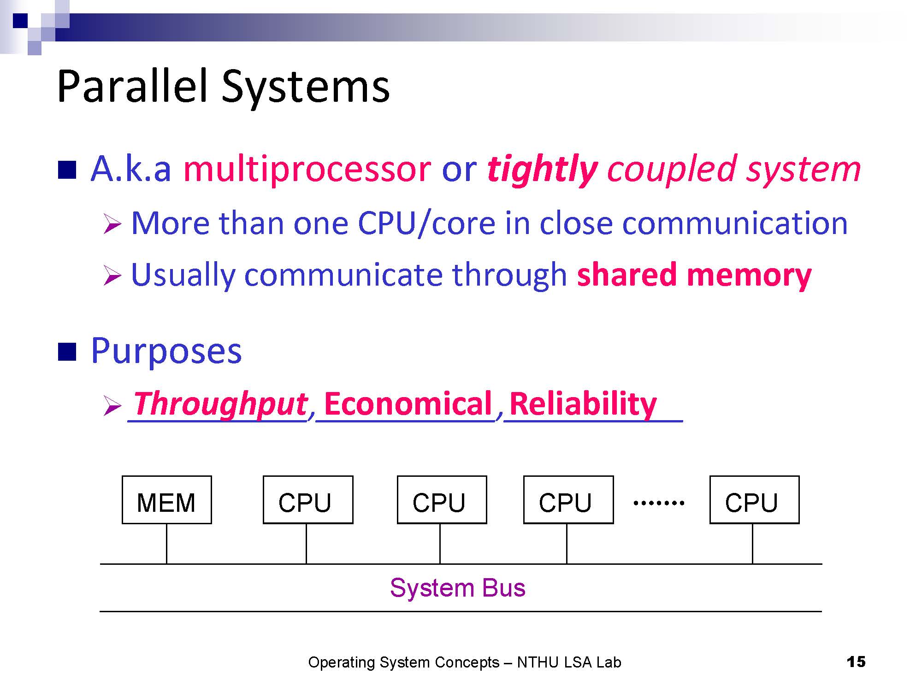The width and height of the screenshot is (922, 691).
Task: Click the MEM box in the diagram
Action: point(167,500)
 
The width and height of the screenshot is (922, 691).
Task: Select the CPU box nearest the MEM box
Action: point(308,500)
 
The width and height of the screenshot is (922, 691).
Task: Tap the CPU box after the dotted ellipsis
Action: point(755,500)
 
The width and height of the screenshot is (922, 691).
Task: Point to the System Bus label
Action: point(458,588)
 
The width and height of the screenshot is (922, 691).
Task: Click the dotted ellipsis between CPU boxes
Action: point(659,503)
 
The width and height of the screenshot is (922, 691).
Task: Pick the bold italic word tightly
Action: point(542,170)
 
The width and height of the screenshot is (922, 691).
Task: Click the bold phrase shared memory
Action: point(694,275)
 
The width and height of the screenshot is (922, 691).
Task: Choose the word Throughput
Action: point(220,404)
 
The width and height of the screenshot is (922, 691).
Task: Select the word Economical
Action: point(408,404)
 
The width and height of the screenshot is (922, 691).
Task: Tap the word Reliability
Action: point(583,404)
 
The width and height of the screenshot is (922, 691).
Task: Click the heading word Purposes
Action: point(166,351)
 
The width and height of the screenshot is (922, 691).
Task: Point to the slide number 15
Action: point(856,662)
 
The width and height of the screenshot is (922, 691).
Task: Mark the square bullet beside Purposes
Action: point(67,351)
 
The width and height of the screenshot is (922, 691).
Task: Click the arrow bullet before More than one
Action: point(112,224)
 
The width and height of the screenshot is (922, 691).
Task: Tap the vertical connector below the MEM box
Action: point(166,544)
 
